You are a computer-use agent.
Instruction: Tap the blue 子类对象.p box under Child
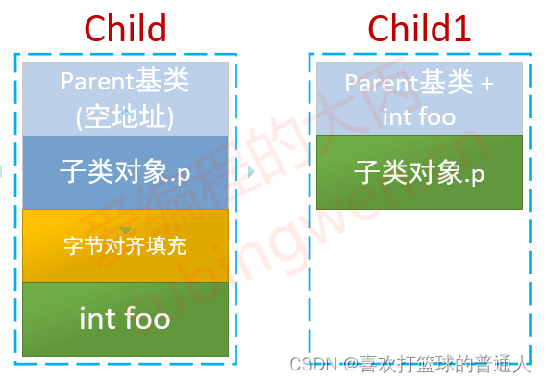pos(125,172)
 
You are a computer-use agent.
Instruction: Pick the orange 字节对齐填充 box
pos(125,245)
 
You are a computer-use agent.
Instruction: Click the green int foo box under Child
pos(125,319)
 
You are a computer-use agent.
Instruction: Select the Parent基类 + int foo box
pos(419,100)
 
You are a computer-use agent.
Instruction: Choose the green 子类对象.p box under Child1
pos(419,172)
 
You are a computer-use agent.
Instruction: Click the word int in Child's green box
pos(97,319)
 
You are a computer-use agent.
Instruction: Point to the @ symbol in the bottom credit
pos(351,366)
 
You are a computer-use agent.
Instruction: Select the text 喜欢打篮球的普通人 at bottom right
pos(445,366)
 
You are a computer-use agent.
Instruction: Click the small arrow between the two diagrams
pos(251,172)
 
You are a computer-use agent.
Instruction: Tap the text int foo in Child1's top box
pos(419,116)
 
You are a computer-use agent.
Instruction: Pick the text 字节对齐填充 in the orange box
pos(125,245)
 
